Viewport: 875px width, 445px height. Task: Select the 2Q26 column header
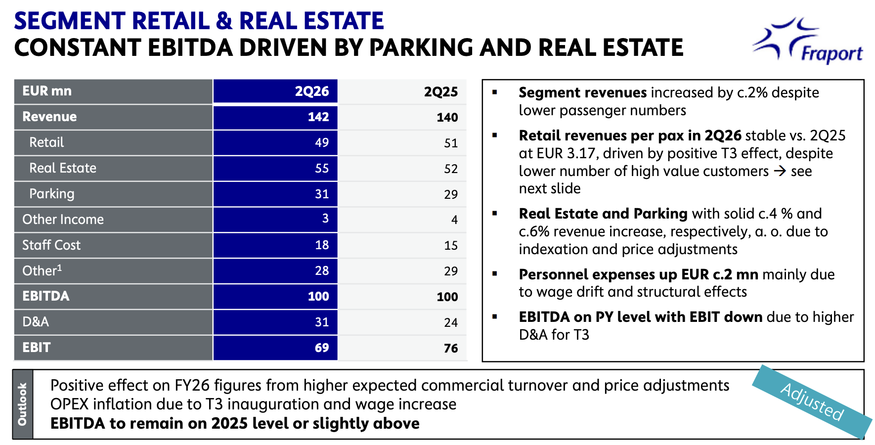pos(312,91)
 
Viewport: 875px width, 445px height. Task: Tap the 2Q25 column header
pos(441,92)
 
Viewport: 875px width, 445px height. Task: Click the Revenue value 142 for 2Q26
pos(318,117)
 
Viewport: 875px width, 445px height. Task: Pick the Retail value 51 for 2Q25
pos(451,143)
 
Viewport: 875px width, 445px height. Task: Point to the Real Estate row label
pos(63,168)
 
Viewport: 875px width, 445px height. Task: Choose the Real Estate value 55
pos(322,169)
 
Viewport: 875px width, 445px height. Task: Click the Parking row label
pos(52,194)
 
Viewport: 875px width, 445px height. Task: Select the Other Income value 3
pos(325,219)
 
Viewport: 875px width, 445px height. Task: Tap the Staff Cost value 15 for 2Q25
pos(451,246)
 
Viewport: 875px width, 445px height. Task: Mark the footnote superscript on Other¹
pos(59,267)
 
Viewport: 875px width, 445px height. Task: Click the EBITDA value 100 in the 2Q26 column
pos(318,296)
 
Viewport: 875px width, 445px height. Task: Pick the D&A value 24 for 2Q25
pos(451,323)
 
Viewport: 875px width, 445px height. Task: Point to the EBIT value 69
pos(322,348)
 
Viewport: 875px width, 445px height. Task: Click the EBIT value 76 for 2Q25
pos(451,349)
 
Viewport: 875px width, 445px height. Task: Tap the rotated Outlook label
pos(22,404)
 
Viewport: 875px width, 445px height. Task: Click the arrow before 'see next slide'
pos(780,172)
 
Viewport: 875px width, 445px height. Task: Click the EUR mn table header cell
pos(47,91)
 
